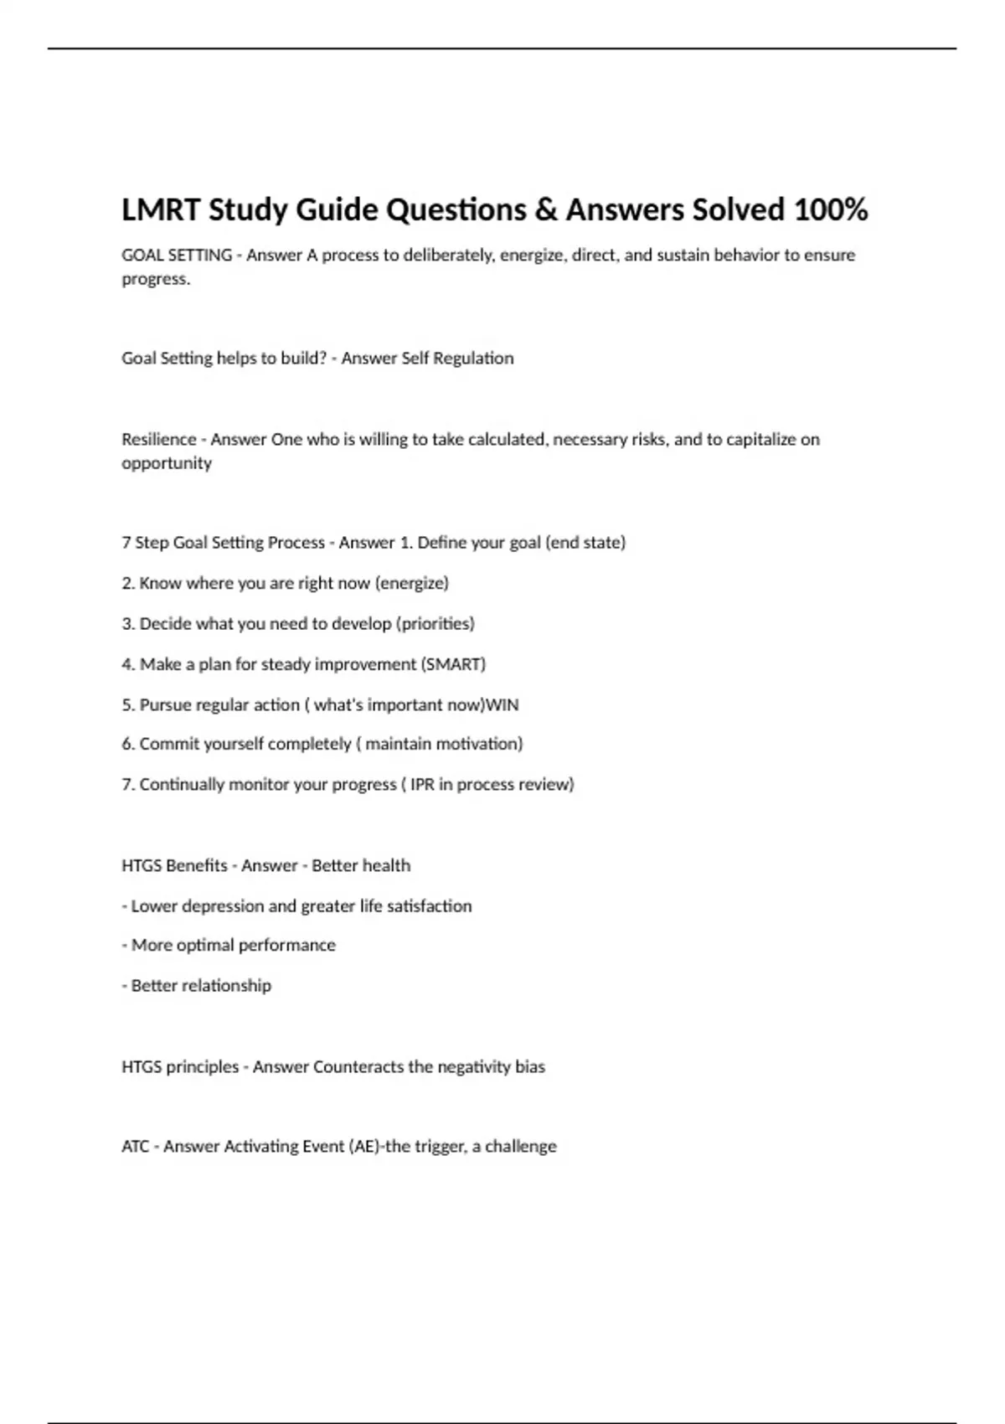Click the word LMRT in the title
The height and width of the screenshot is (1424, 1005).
tap(161, 209)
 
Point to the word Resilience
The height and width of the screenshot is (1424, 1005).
tap(158, 440)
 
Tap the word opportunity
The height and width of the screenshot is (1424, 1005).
tap(167, 463)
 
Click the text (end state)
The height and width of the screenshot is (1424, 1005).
tap(585, 543)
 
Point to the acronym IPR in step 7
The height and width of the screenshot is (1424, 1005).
tap(422, 785)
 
